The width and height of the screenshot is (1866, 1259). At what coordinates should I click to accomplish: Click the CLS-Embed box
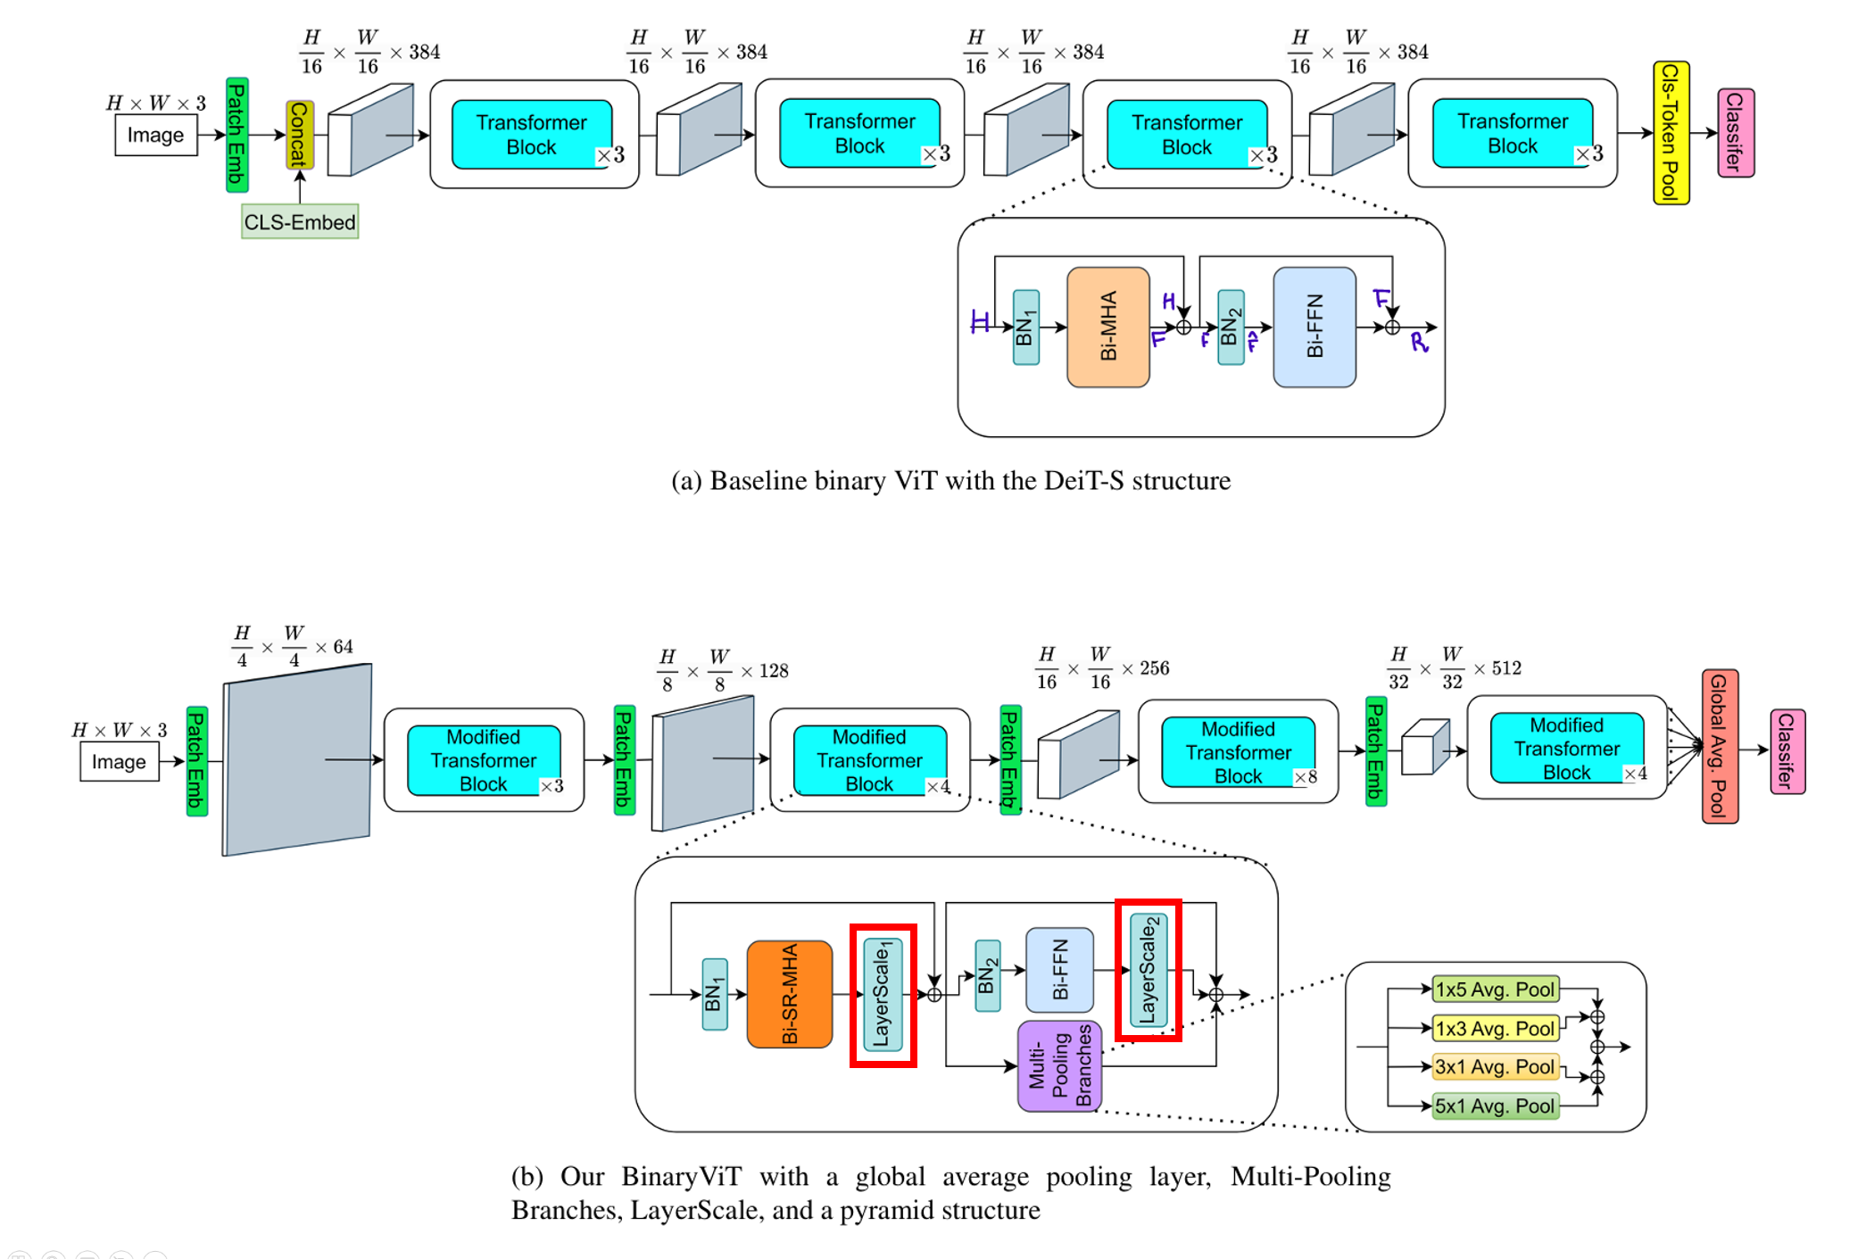point(300,222)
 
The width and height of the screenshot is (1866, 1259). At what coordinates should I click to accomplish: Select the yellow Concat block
point(300,135)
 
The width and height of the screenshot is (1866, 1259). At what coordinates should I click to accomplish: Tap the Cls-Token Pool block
point(1671,133)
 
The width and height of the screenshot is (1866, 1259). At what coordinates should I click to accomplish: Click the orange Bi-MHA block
point(1108,327)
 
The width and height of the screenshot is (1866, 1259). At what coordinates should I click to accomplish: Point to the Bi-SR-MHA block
point(790,994)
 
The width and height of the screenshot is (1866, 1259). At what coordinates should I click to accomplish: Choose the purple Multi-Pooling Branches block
point(1060,1067)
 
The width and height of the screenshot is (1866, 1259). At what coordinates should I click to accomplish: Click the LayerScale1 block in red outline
point(883,994)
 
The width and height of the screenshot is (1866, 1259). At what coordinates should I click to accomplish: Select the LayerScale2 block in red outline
point(1148,969)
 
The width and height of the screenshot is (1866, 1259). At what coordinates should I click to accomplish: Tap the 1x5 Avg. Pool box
point(1495,990)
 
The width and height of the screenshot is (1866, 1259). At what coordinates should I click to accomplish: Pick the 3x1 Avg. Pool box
point(1495,1067)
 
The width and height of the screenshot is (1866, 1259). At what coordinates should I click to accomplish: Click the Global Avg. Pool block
point(1719,746)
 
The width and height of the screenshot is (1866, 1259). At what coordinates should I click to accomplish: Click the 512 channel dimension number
point(1506,668)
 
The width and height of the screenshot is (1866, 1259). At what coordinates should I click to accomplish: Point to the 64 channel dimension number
point(343,647)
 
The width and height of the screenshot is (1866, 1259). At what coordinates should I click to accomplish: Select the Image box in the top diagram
point(155,136)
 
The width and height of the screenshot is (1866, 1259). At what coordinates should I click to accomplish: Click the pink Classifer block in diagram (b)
point(1787,751)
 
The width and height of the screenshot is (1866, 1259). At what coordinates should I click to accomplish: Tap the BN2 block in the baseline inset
point(1231,327)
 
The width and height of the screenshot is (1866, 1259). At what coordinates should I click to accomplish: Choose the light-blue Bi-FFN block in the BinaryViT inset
point(1059,969)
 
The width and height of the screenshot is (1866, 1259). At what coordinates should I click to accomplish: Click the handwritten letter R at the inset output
point(1419,343)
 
